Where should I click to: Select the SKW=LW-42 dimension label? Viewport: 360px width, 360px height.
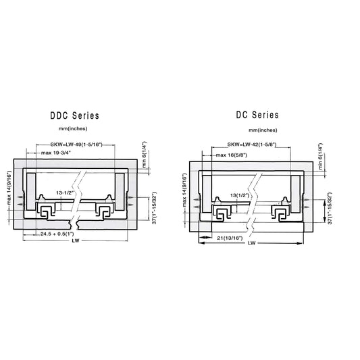(260, 145)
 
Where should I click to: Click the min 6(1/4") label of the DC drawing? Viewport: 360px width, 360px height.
(319, 157)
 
